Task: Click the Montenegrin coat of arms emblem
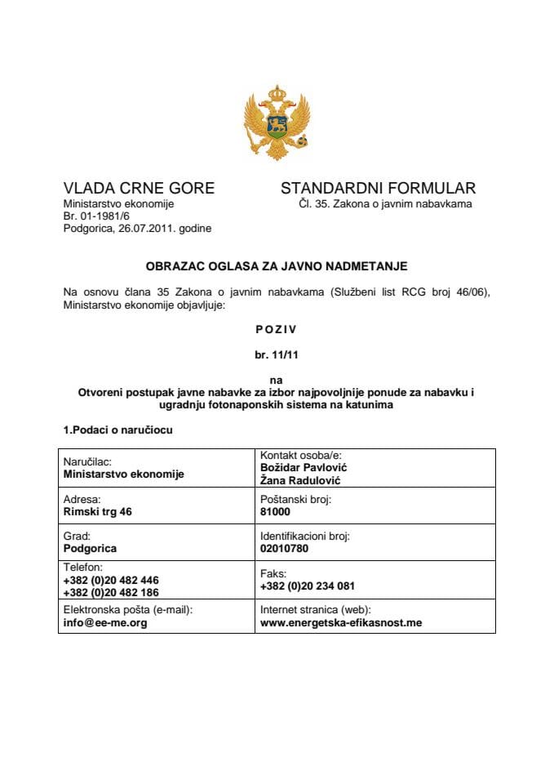[277, 122]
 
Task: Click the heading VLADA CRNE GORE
[139, 189]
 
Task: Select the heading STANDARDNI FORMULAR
[378, 189]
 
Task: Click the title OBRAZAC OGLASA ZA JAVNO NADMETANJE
[277, 266]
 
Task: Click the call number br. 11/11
[277, 356]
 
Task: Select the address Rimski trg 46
[97, 511]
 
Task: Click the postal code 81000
[275, 511]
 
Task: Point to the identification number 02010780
[284, 549]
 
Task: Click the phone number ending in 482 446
[111, 581]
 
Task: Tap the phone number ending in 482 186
[111, 592]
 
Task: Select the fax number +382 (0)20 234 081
[307, 586]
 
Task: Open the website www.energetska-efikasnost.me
[340, 622]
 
